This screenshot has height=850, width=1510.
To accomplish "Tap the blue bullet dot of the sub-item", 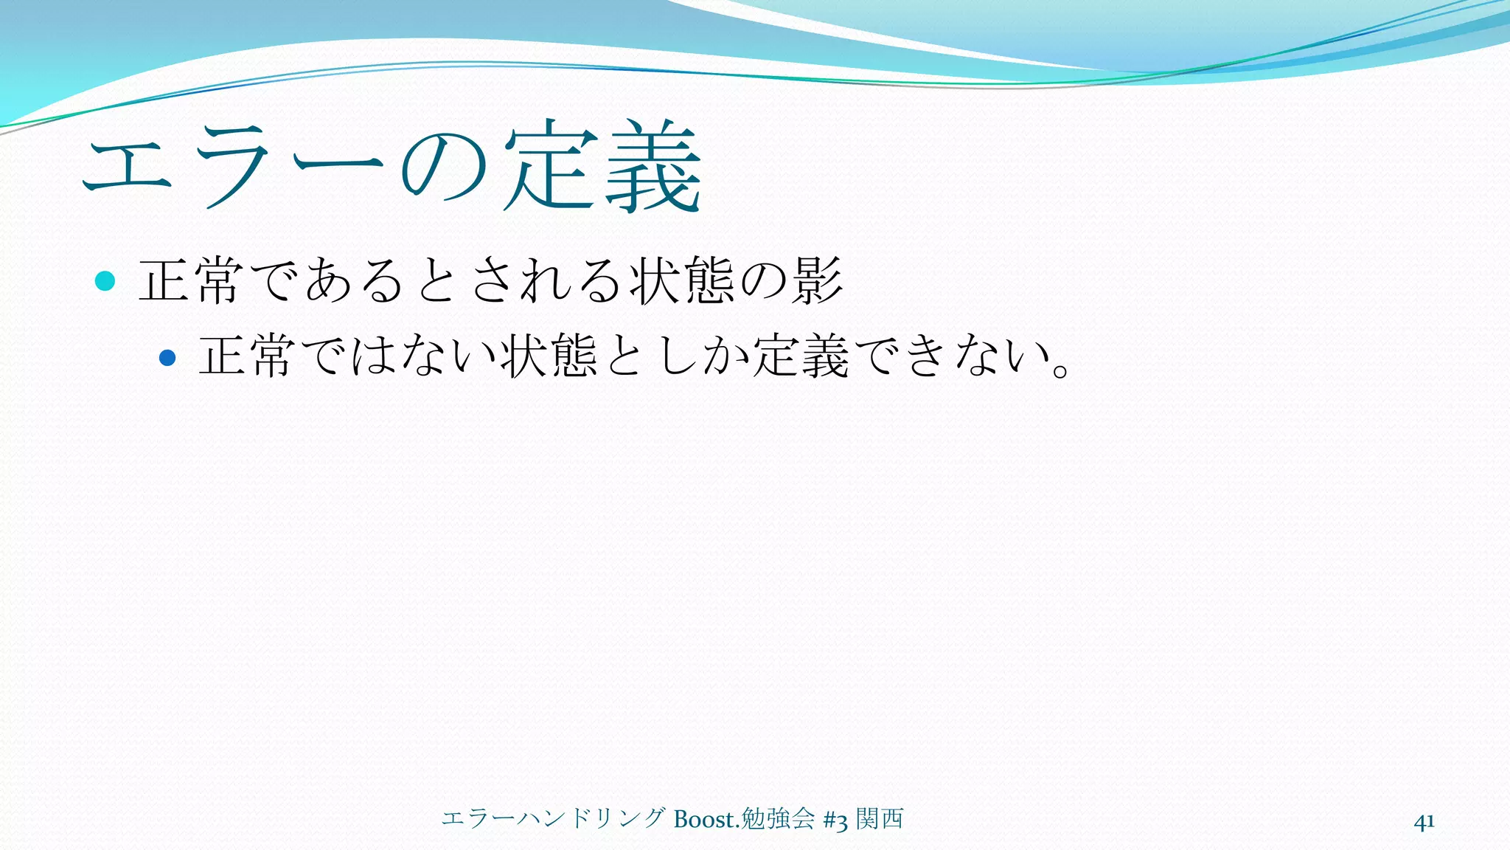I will pos(167,358).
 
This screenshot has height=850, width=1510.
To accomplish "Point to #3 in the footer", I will pos(835,820).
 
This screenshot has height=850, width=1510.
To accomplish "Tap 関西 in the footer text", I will pos(880,819).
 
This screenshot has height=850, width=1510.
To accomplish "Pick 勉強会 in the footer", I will pos(777,819).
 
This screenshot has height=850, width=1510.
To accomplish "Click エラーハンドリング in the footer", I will pos(554,819).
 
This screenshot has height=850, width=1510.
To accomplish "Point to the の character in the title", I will pos(443,168).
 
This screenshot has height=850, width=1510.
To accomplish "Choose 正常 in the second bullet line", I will pos(248,356).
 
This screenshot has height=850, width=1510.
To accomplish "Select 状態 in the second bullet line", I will pos(549,356).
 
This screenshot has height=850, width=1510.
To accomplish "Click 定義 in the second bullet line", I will pos(800,356).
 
